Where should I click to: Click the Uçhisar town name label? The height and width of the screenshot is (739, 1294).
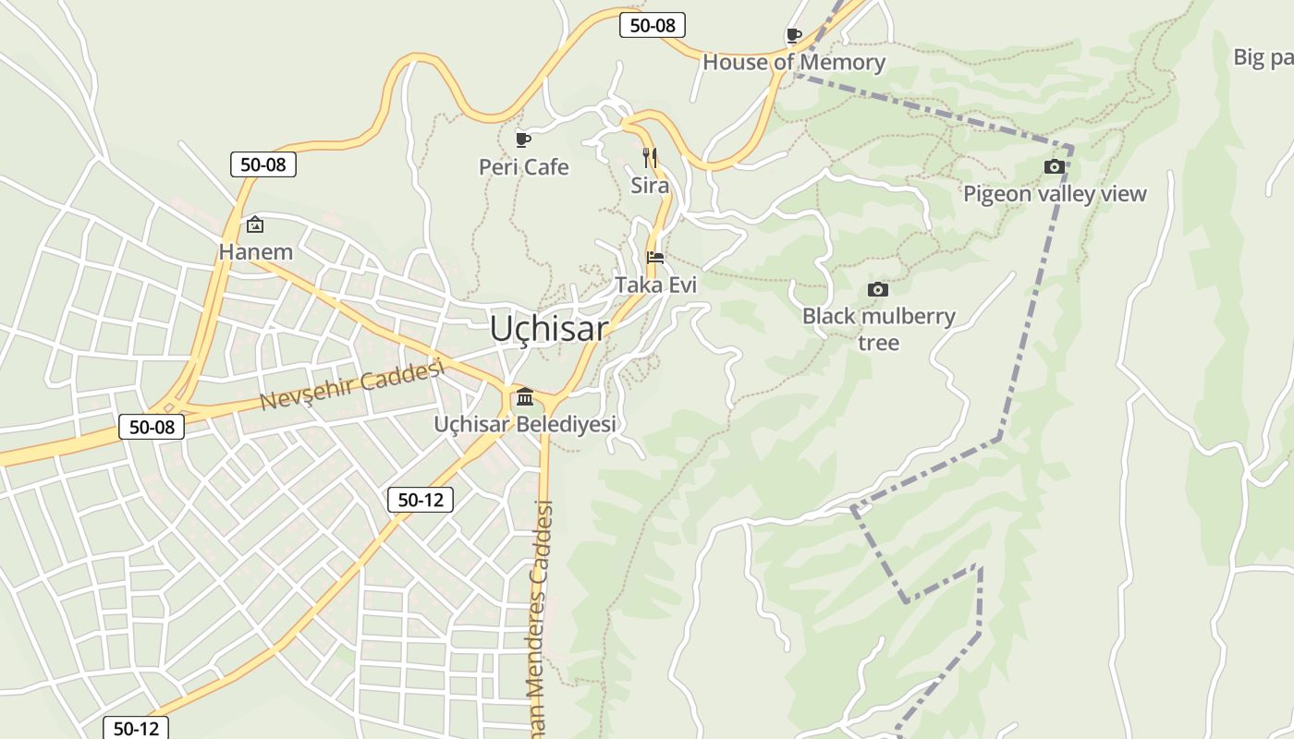pos(549,328)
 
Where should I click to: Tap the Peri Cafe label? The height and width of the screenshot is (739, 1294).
pos(523,167)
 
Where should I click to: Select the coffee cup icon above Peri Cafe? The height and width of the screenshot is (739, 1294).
pos(523,140)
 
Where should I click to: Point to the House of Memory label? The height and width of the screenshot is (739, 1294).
pos(794,63)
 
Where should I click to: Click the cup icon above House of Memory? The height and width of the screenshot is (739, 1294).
pos(793,36)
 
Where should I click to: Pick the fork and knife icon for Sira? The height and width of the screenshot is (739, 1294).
pos(650,157)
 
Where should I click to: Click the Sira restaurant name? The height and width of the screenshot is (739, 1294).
pos(650,185)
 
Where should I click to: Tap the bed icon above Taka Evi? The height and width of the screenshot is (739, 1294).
pos(655,258)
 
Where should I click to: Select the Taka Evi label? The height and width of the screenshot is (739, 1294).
pos(655,285)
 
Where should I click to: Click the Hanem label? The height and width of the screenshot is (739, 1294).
pos(255,251)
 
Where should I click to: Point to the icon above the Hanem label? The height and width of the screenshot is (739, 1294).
pos(255,224)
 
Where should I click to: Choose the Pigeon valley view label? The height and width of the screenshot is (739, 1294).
pos(1055,194)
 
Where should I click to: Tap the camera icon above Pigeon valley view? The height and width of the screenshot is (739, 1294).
pos(1054,167)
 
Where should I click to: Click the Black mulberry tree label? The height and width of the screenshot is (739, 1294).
pos(878,329)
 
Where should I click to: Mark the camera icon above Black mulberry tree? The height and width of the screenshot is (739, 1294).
pos(878,290)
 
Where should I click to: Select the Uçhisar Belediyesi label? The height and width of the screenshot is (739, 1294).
pos(525,425)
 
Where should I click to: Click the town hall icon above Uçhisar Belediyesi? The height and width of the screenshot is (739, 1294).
pos(525,397)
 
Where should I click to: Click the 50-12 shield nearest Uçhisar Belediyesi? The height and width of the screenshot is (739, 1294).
pos(421,501)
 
